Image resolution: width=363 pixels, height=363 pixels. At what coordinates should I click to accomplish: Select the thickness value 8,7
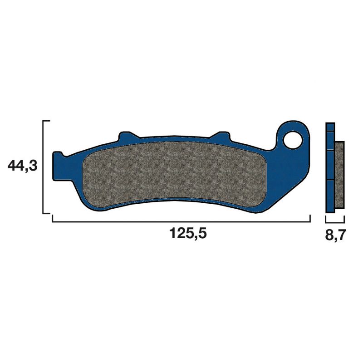[x=335, y=236]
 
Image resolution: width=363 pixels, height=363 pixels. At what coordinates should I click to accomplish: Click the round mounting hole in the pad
[x=294, y=138]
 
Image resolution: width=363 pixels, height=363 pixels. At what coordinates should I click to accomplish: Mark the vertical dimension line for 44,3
[x=43, y=167]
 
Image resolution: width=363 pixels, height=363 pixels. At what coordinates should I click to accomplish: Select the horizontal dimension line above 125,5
[x=181, y=221]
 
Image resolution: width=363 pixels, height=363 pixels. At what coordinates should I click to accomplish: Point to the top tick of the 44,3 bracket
[x=46, y=122]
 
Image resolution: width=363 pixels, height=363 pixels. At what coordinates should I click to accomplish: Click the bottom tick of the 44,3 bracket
[x=46, y=212]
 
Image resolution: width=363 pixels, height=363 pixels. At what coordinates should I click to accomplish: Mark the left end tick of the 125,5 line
[x=53, y=218]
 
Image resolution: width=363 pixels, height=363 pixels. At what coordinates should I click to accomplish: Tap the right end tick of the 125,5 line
[x=310, y=218]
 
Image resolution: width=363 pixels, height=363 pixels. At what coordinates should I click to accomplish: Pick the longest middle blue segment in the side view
[x=330, y=164]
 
